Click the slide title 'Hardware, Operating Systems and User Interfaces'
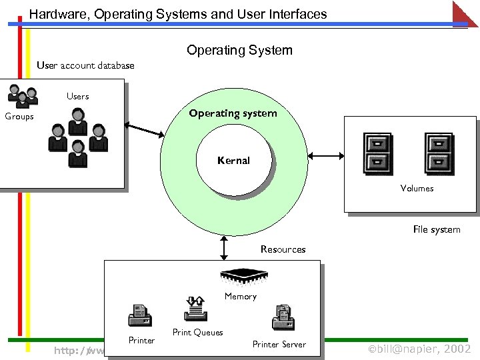pyautogui.click(x=178, y=13)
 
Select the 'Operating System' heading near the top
pyautogui.click(x=239, y=50)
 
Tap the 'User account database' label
pyautogui.click(x=85, y=65)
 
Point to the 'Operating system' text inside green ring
pyautogui.click(x=233, y=113)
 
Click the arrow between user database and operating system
pyautogui.click(x=145, y=130)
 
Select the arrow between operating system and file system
pyautogui.click(x=325, y=157)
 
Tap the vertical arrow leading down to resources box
pyautogui.click(x=224, y=247)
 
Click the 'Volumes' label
pyautogui.click(x=417, y=189)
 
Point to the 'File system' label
pyautogui.click(x=436, y=229)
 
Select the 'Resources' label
pyautogui.click(x=283, y=249)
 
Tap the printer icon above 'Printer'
pyautogui.click(x=141, y=315)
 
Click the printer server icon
pyautogui.click(x=283, y=317)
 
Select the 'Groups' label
pyautogui.click(x=19, y=117)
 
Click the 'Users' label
pyautogui.click(x=77, y=97)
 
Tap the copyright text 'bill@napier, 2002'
pyautogui.click(x=419, y=349)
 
